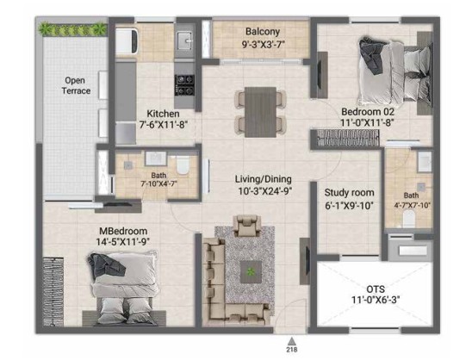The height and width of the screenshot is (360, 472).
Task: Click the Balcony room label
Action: [x=263, y=31]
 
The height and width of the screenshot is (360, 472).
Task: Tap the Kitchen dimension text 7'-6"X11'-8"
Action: [x=164, y=124]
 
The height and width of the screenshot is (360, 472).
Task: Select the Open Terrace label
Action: [x=76, y=85]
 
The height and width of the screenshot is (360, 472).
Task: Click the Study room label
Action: [x=349, y=193]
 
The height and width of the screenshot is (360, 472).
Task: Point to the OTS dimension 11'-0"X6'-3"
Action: [x=376, y=300]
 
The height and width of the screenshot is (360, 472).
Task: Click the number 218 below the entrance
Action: [x=291, y=350]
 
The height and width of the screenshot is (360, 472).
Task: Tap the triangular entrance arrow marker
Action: [x=291, y=341]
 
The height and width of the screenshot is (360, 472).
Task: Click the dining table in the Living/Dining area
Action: [x=260, y=112]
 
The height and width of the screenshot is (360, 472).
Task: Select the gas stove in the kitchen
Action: [x=184, y=85]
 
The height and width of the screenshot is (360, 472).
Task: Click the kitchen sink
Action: [x=184, y=40]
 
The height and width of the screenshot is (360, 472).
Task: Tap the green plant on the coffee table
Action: [x=251, y=272]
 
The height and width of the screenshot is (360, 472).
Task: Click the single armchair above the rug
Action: [x=247, y=226]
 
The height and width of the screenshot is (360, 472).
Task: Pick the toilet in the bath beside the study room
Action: [x=408, y=219]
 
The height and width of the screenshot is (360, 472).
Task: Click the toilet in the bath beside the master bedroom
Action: [x=183, y=165]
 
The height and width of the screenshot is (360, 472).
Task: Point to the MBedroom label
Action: [x=123, y=231]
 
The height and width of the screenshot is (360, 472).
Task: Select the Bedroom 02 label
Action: [x=368, y=112]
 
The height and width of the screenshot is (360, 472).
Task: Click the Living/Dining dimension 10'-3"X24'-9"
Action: [x=265, y=191]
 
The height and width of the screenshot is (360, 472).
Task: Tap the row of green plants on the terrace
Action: [x=72, y=29]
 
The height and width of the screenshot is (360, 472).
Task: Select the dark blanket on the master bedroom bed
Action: [x=106, y=265]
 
